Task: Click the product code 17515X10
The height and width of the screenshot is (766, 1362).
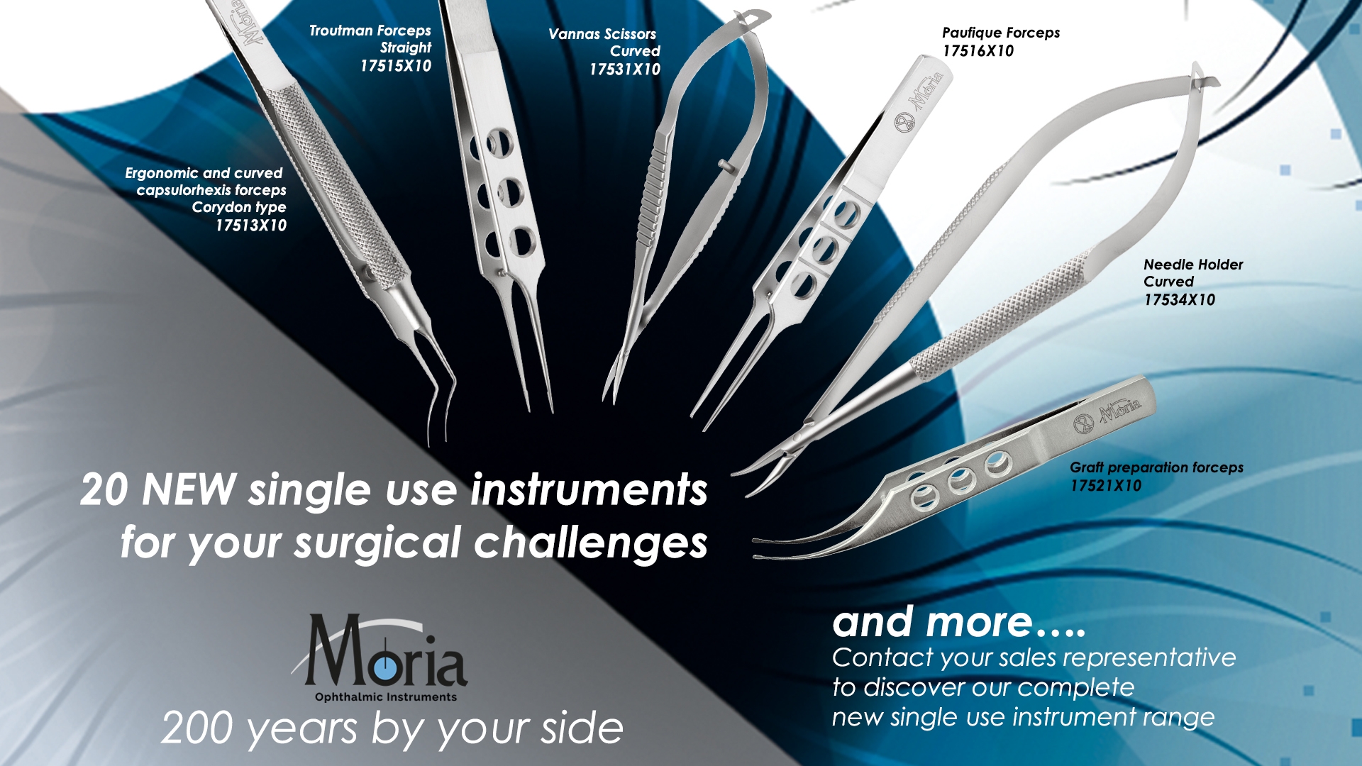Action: (x=396, y=66)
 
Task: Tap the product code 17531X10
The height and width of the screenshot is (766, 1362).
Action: (x=625, y=70)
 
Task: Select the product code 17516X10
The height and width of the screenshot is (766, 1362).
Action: (x=978, y=51)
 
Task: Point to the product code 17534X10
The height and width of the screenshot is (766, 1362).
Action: (x=1179, y=300)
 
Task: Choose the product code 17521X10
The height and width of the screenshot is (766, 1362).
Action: (x=1106, y=486)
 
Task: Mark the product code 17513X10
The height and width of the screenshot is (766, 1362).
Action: (x=251, y=226)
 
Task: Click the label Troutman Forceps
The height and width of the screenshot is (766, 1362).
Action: (x=370, y=30)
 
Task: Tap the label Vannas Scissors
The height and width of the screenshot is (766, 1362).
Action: (x=602, y=34)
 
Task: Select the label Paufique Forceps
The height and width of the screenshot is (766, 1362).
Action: (x=1001, y=33)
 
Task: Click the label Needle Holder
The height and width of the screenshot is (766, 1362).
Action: (x=1193, y=265)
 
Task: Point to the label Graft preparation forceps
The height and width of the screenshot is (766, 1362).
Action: (x=1156, y=467)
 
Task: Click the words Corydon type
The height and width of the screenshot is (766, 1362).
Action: (x=239, y=207)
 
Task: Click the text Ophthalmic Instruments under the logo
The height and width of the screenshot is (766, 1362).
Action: (x=386, y=697)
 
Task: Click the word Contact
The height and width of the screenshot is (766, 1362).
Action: (x=883, y=657)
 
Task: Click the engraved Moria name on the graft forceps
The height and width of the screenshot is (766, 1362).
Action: (x=1120, y=411)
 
